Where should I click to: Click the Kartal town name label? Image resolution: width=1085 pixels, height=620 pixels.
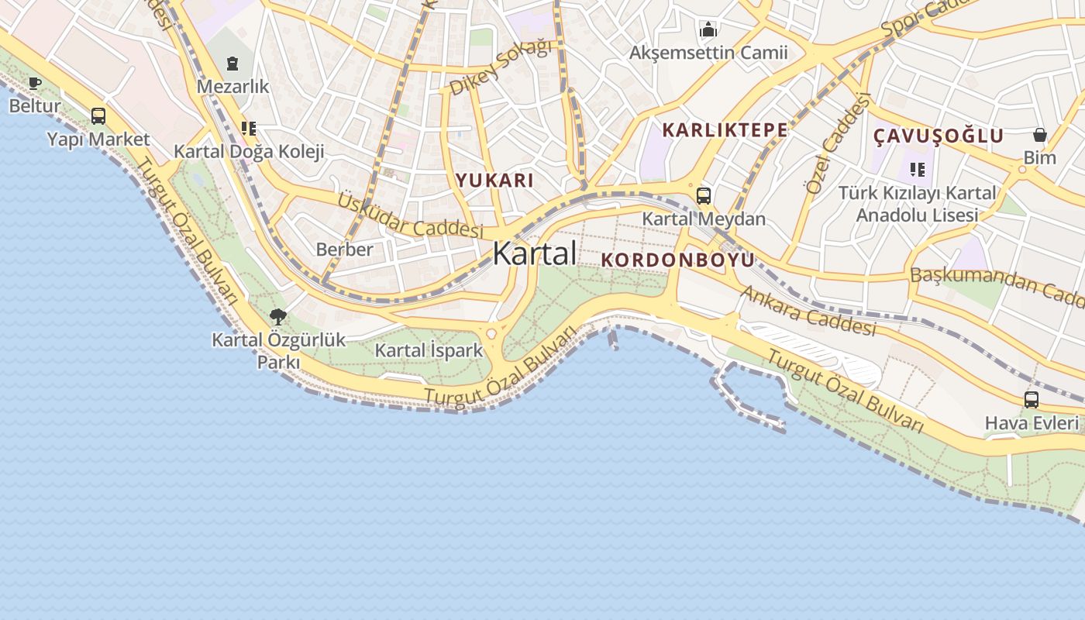(534, 253)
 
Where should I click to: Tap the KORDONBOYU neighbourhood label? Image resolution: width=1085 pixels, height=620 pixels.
(677, 260)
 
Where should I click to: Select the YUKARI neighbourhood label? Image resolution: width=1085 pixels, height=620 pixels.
(494, 181)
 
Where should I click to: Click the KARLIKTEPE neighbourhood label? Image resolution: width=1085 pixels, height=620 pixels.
(725, 130)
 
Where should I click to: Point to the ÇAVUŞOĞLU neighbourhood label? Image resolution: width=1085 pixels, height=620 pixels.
(939, 136)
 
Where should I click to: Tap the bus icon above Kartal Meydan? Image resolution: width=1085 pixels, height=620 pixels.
(703, 196)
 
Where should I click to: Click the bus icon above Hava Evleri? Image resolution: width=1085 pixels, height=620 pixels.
(1031, 400)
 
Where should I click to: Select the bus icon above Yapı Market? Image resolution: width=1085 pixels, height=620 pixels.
(98, 116)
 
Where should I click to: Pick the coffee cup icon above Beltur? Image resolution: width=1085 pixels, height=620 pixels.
(35, 83)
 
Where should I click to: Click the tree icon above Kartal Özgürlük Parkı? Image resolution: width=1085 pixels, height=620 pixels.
(278, 316)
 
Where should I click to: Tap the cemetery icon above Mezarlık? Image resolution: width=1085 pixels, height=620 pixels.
(232, 63)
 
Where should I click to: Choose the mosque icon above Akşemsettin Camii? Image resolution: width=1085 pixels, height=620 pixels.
(708, 30)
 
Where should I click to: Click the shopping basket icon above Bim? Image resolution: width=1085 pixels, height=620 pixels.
(1039, 135)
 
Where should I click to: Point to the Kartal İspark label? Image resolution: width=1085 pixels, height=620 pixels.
(429, 350)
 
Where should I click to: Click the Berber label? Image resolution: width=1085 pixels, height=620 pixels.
(344, 250)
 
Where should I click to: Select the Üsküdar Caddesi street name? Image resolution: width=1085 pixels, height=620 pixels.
(410, 215)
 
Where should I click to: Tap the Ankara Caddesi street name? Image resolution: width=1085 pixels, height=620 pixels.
(808, 311)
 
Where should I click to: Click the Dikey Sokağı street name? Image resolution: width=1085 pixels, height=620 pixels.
(501, 67)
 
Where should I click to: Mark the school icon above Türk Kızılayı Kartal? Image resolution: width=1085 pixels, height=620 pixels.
(918, 169)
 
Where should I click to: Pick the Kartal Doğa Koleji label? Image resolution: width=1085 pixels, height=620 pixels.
(249, 151)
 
